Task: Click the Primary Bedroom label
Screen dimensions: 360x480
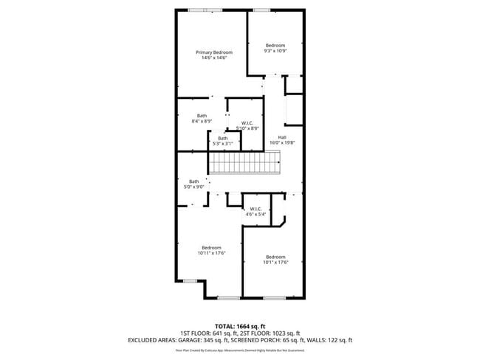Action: [213, 52]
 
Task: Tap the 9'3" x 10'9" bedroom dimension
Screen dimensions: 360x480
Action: [275, 51]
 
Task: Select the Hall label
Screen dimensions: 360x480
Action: [282, 137]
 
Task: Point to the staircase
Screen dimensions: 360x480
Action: [244, 162]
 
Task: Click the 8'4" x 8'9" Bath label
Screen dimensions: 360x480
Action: [202, 116]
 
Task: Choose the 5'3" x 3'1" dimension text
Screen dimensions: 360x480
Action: [222, 143]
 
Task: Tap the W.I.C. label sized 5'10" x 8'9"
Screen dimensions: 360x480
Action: [247, 122]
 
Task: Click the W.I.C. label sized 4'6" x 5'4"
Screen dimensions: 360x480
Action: [256, 209]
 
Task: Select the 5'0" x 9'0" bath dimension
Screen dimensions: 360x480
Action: [194, 187]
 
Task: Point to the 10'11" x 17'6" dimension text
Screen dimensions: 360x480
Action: [211, 253]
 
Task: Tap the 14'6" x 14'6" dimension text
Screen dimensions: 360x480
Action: [213, 58]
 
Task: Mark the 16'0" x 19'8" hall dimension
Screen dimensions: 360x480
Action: [282, 143]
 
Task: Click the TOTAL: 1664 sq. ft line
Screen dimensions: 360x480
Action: [240, 325]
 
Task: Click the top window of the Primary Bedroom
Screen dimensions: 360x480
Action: [199, 10]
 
